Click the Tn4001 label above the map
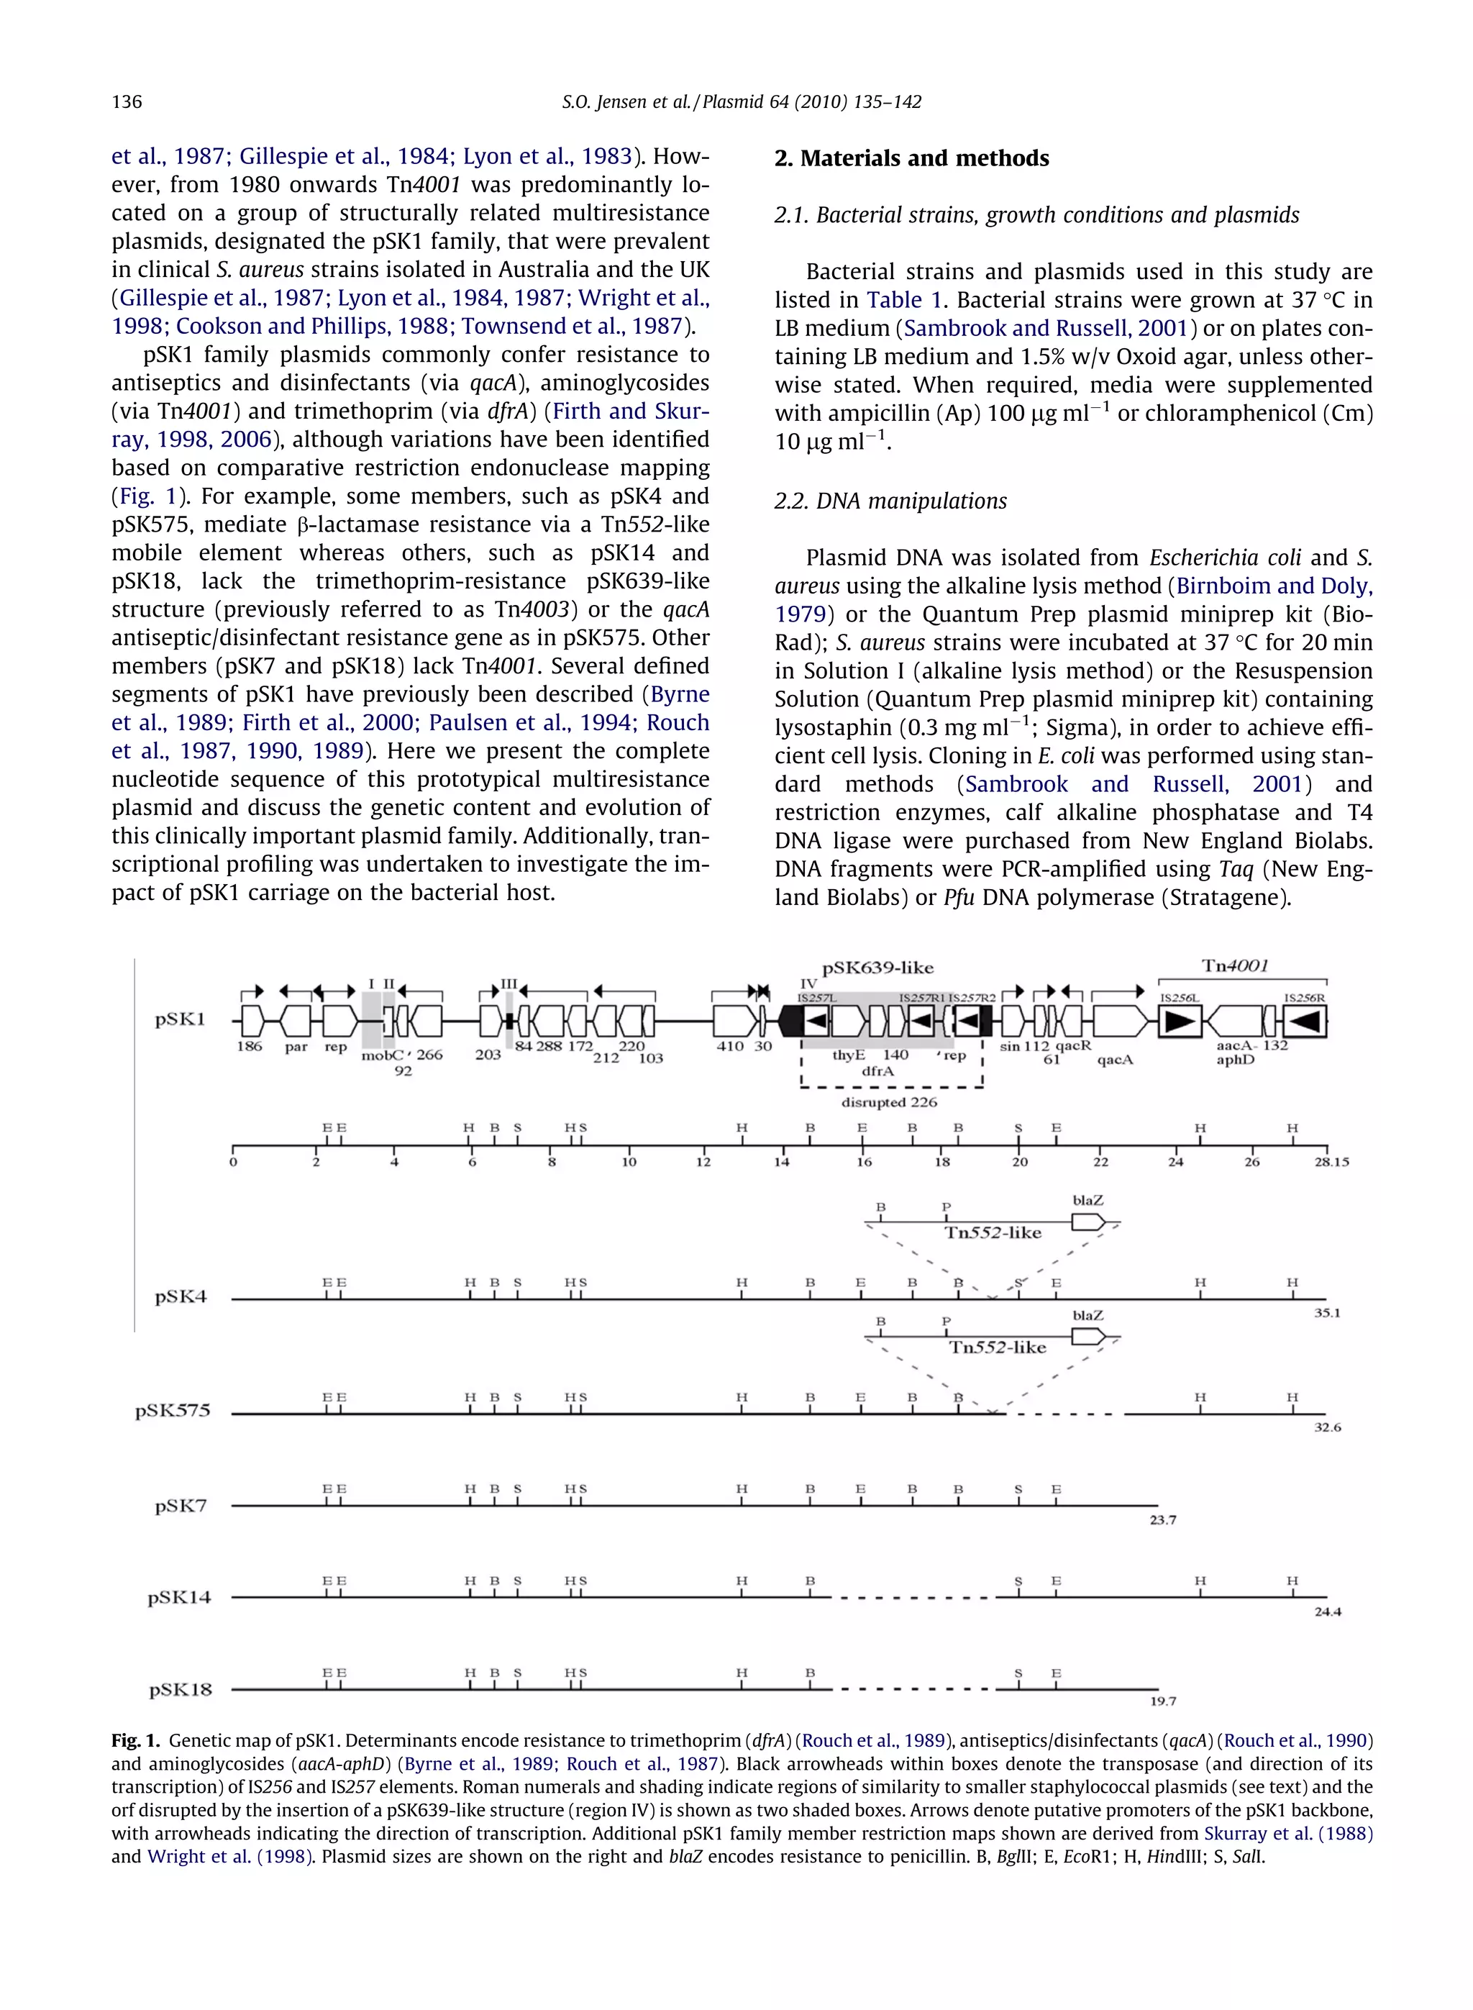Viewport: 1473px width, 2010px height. pyautogui.click(x=1235, y=965)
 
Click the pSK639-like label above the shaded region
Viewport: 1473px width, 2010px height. pyautogui.click(x=877, y=968)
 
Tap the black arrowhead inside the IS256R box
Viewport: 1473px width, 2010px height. pyautogui.click(x=1305, y=1021)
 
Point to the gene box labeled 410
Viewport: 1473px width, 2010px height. pyautogui.click(x=734, y=1021)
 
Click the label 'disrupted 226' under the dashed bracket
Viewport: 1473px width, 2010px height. pyautogui.click(x=889, y=1102)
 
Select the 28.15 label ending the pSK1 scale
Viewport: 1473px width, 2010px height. pyautogui.click(x=1331, y=1162)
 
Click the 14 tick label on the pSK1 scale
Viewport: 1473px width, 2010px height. pyautogui.click(x=781, y=1162)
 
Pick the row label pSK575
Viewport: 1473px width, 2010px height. pyautogui.click(x=173, y=1411)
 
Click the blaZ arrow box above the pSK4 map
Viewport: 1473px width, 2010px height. pyautogui.click(x=1087, y=1222)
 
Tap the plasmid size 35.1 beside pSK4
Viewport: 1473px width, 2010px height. pyautogui.click(x=1327, y=1313)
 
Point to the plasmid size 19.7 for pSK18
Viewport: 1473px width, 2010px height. pyautogui.click(x=1163, y=1701)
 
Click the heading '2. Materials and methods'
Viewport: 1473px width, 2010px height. pyautogui.click(x=911, y=159)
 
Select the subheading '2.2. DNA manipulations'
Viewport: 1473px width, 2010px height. pyautogui.click(x=890, y=501)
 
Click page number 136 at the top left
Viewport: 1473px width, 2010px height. pyautogui.click(x=127, y=101)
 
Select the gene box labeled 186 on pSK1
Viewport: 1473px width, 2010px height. pyautogui.click(x=252, y=1021)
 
